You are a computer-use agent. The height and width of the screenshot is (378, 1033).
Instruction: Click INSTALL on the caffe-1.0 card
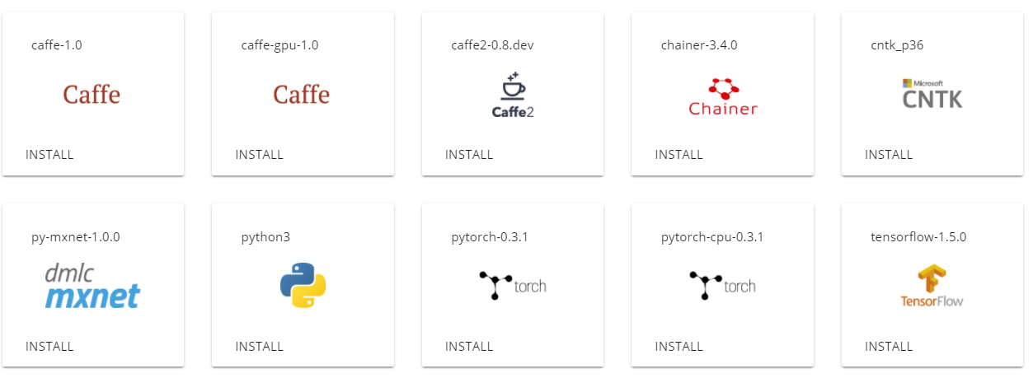tap(49, 155)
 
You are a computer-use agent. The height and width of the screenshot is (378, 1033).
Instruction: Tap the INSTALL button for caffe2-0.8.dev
tap(469, 155)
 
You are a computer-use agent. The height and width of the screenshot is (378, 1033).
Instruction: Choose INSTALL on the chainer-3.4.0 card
tap(679, 155)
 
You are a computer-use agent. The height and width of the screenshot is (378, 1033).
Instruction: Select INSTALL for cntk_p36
tap(889, 155)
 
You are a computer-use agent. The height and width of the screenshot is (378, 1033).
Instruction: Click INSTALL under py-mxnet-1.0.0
tap(49, 347)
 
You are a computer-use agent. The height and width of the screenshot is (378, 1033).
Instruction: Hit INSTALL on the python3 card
tap(260, 347)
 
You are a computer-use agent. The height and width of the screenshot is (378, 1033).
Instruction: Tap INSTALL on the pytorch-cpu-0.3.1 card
tap(679, 347)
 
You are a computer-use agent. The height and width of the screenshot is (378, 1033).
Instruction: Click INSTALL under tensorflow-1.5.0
tap(889, 347)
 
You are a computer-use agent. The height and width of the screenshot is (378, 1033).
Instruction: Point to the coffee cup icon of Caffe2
tap(512, 86)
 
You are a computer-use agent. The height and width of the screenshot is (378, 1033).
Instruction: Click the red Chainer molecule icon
tap(723, 86)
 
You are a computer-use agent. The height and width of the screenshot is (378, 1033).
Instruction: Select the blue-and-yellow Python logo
tap(303, 285)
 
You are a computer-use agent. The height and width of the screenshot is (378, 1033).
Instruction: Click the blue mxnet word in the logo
tap(92, 296)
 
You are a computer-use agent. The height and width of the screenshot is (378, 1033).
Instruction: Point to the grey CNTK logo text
tap(932, 100)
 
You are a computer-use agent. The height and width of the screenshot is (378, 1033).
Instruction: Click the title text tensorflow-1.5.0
tap(918, 237)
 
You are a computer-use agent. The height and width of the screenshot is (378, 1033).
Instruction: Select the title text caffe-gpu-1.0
tap(279, 45)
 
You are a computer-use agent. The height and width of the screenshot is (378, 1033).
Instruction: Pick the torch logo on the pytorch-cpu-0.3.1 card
tap(722, 286)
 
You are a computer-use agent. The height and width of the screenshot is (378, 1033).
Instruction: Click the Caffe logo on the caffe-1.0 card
tap(92, 95)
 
